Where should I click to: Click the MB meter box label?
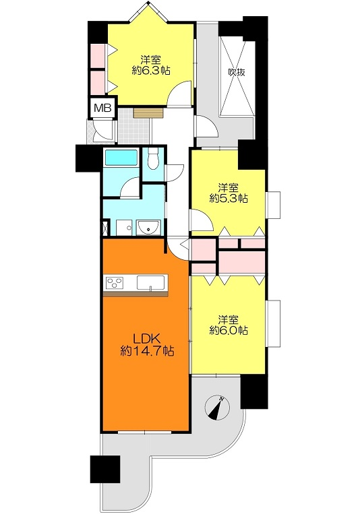(x=103, y=108)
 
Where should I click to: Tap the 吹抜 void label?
(x=237, y=72)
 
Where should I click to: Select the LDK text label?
(x=146, y=338)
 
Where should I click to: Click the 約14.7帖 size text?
(x=147, y=352)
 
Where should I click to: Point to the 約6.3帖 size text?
(x=151, y=71)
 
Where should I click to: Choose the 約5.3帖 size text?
(x=229, y=199)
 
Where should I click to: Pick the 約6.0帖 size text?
(x=229, y=330)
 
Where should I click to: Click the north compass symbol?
(x=217, y=408)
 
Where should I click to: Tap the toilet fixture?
(x=152, y=159)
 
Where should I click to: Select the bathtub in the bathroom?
(x=121, y=158)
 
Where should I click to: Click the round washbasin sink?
(x=148, y=227)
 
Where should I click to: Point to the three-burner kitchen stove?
(x=115, y=283)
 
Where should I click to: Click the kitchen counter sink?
(x=150, y=282)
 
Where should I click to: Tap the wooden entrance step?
(x=148, y=113)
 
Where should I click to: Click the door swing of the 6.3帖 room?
(x=179, y=94)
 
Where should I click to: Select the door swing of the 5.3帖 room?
(x=201, y=220)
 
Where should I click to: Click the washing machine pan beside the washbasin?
(x=125, y=227)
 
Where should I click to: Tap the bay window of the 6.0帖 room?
(x=274, y=323)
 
